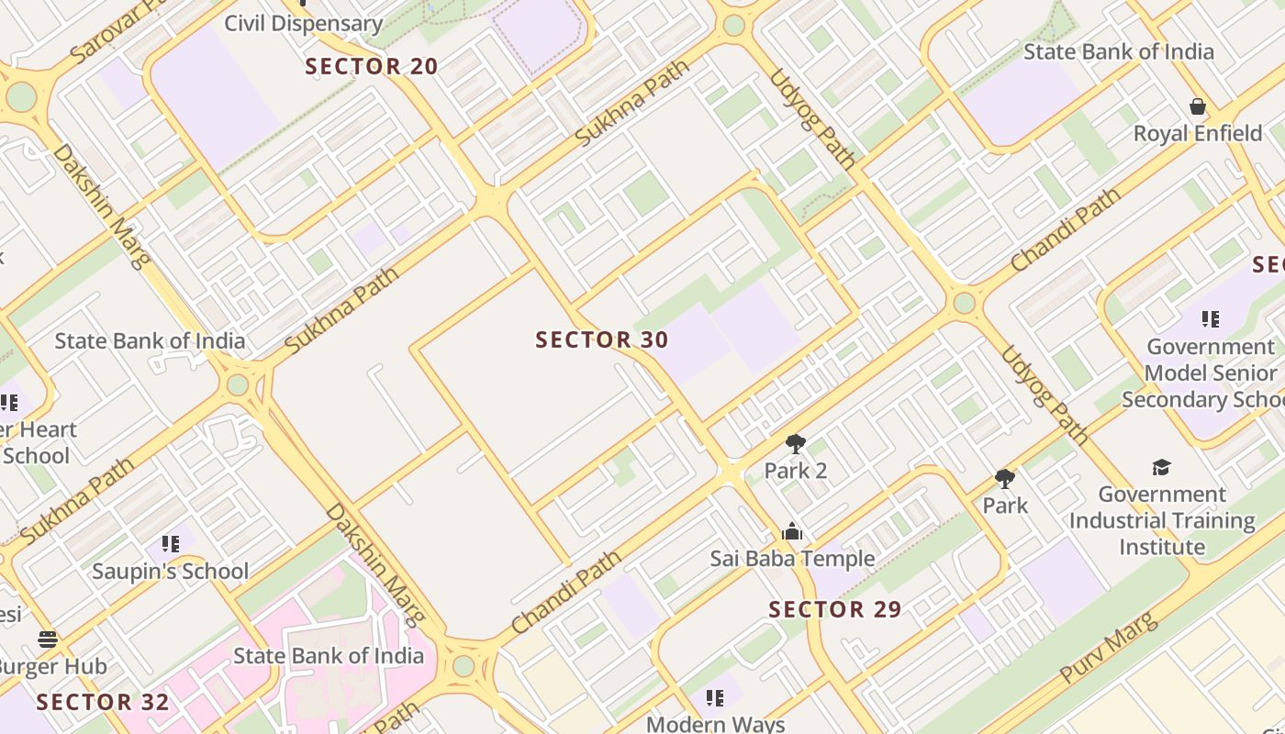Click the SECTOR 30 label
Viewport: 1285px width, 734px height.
pyautogui.click(x=602, y=340)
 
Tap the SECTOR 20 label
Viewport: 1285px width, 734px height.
pyautogui.click(x=372, y=66)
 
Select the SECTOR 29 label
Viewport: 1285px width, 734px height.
pyautogui.click(x=835, y=609)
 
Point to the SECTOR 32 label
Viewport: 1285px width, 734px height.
pyautogui.click(x=103, y=703)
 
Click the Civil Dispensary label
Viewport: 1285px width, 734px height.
pyautogui.click(x=303, y=24)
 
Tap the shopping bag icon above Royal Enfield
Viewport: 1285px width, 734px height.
pyautogui.click(x=1198, y=107)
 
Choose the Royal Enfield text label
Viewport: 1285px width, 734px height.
pyautogui.click(x=1198, y=134)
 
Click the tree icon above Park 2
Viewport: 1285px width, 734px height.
pyautogui.click(x=796, y=445)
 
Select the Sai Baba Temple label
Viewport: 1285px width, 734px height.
pyautogui.click(x=792, y=559)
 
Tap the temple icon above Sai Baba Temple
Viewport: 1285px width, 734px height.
pyautogui.click(x=792, y=532)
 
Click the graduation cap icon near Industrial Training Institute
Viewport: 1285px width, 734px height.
pyautogui.click(x=1162, y=468)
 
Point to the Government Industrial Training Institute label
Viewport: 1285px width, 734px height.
pyautogui.click(x=1162, y=520)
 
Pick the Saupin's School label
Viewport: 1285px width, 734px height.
pyautogui.click(x=170, y=572)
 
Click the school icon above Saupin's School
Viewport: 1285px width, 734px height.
pyautogui.click(x=170, y=544)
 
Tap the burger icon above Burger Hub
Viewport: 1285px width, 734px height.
pyautogui.click(x=48, y=639)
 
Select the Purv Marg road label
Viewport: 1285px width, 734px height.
pyautogui.click(x=1108, y=648)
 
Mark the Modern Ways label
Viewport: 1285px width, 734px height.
pyautogui.click(x=716, y=724)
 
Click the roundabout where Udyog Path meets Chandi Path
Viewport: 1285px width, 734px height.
pyautogui.click(x=964, y=303)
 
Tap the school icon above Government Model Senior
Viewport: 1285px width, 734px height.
pyautogui.click(x=1211, y=319)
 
